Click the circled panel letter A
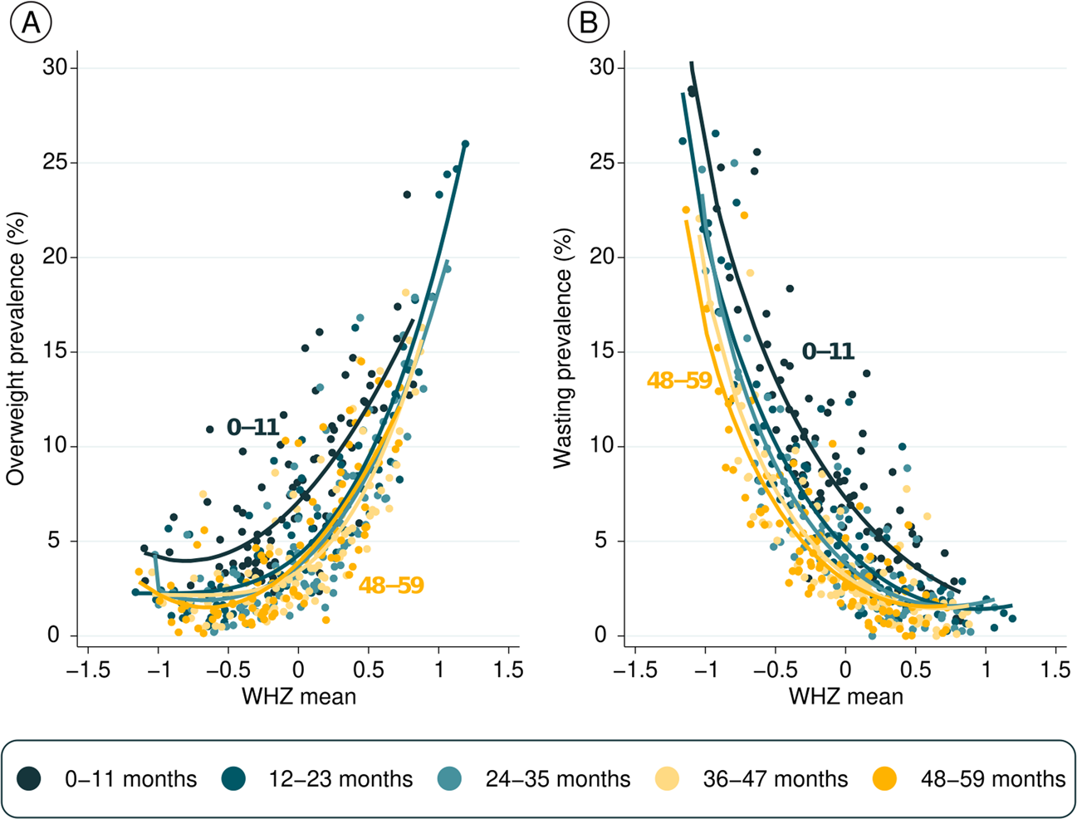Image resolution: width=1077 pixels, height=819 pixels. [x=31, y=23]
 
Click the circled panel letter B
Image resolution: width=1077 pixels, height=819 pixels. [x=588, y=23]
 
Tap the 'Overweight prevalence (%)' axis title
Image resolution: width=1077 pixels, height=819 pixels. [x=16, y=349]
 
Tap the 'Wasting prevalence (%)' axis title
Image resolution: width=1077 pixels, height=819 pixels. [x=564, y=349]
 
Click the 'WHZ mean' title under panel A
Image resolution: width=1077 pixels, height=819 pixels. [x=299, y=695]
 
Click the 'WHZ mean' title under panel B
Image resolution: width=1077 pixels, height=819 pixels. [x=846, y=695]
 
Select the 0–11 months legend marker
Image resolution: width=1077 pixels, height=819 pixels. [x=30, y=778]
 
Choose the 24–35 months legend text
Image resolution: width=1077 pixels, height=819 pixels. [x=557, y=779]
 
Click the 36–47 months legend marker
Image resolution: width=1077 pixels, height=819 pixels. [x=667, y=778]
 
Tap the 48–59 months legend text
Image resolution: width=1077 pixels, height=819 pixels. [x=992, y=779]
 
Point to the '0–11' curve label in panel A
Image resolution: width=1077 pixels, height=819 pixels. [x=252, y=427]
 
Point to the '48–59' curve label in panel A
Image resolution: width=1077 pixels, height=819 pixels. [x=391, y=586]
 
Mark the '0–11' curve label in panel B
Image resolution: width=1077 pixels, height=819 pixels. [x=828, y=351]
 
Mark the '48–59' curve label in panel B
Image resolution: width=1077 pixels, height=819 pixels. [x=679, y=380]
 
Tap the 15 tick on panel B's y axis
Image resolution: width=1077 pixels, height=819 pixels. [x=605, y=351]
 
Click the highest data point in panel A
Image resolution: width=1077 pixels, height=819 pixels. [x=465, y=145]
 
